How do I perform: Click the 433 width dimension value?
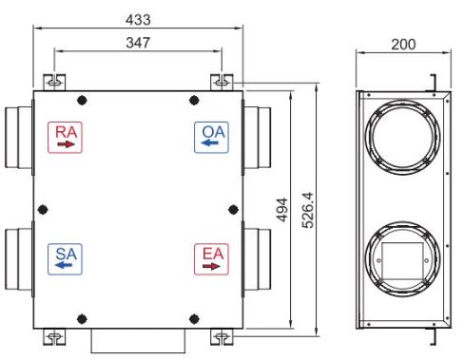[x=138, y=20]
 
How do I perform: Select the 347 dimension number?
[x=138, y=43]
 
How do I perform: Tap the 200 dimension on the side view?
[x=403, y=45]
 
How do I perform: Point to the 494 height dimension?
[x=281, y=210]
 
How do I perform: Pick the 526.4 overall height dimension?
[x=307, y=210]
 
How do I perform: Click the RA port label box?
[x=65, y=138]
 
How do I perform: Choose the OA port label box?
[x=211, y=138]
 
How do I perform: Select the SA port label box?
[x=65, y=259]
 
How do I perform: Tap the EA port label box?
[x=211, y=259]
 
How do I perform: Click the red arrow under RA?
[x=66, y=144]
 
